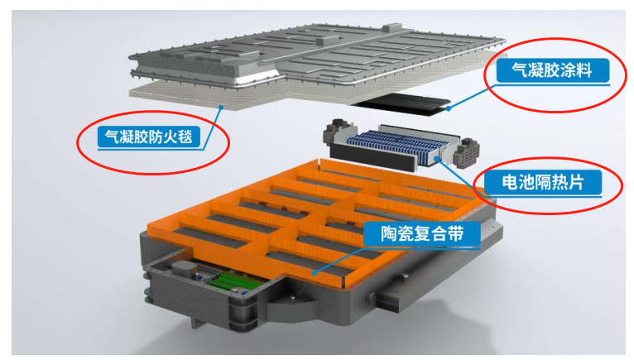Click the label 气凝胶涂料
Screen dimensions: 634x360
tap(552, 70)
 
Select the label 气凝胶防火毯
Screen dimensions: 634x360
tap(149, 137)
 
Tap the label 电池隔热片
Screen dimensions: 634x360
tap(543, 182)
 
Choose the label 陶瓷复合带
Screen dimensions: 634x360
tap(422, 233)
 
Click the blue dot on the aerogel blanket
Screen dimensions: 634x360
tap(221, 107)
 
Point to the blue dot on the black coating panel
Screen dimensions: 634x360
tap(448, 108)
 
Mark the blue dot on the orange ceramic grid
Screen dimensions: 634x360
tap(314, 273)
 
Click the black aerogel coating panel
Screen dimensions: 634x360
tap(402, 103)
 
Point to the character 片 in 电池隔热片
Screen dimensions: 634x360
tap(575, 182)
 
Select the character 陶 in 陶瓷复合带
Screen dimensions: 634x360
tap(389, 233)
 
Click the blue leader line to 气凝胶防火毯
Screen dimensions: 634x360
tap(212, 127)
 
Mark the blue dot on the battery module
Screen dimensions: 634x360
tap(437, 159)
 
